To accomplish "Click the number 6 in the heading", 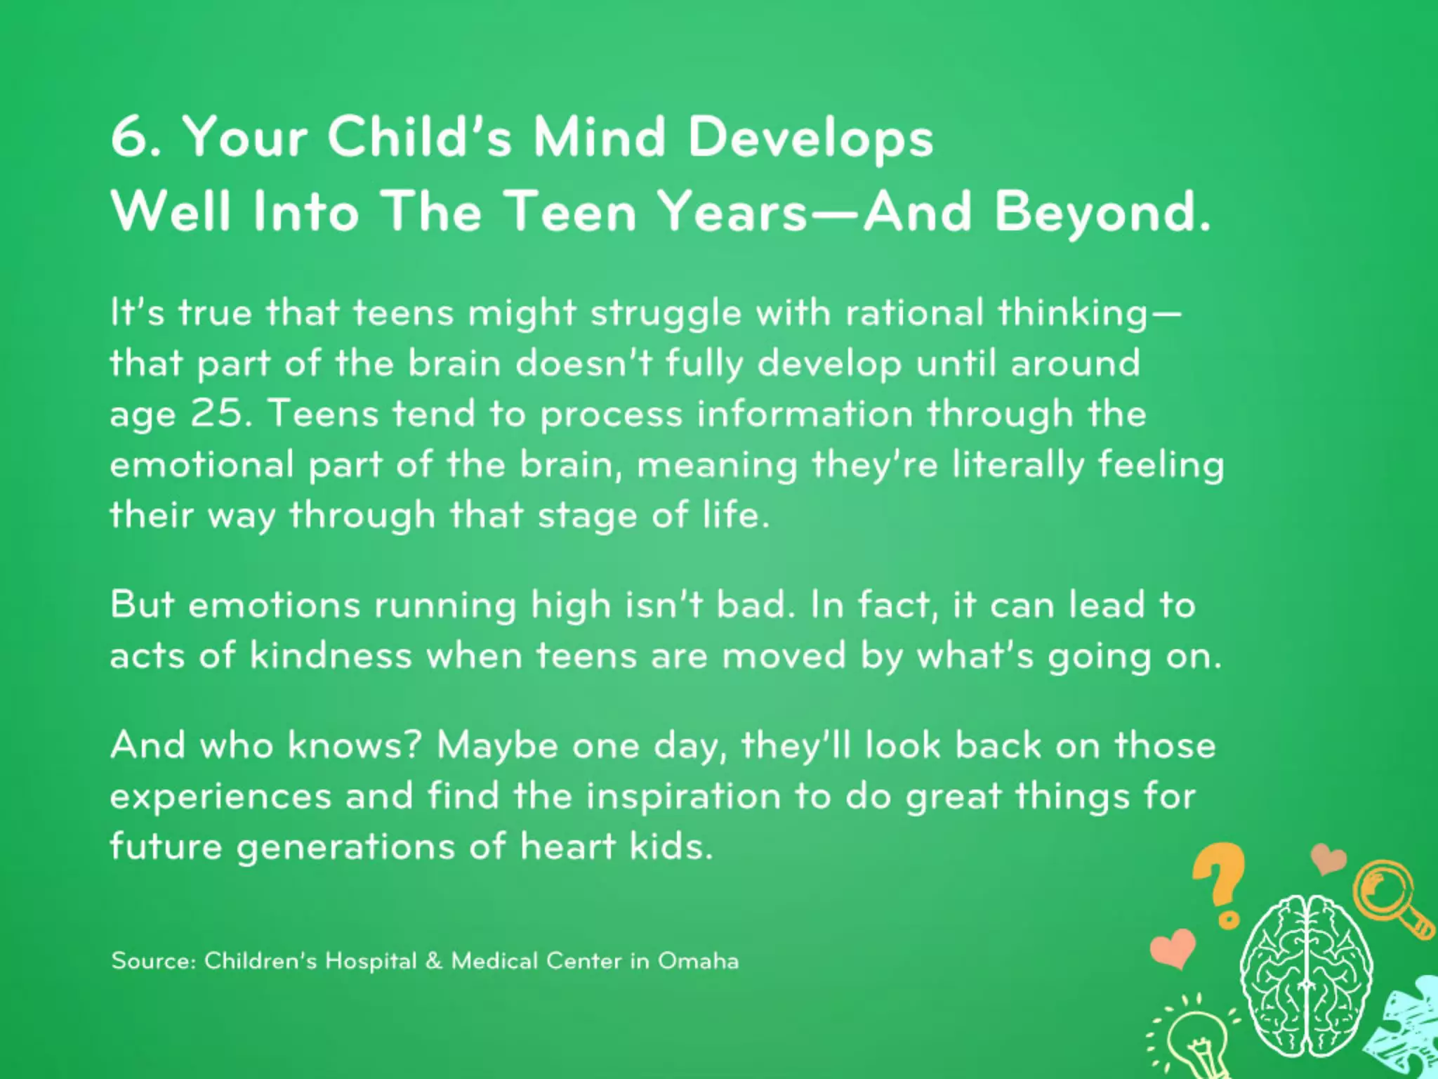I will [128, 137].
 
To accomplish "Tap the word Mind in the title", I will [599, 137].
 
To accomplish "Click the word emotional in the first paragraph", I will [202, 464].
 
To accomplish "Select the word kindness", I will [331, 655].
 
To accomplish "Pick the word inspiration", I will [683, 797].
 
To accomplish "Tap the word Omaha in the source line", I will [698, 961].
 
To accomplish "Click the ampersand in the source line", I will [434, 961].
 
